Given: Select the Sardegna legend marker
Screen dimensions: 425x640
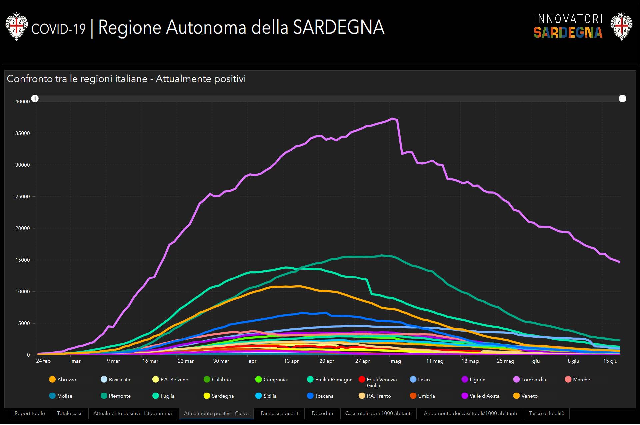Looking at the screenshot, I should (x=207, y=396).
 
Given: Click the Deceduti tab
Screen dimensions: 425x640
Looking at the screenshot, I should (x=322, y=413).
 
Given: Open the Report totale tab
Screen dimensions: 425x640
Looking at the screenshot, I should (x=30, y=413).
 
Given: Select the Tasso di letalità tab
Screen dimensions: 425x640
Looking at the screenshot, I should (x=546, y=413).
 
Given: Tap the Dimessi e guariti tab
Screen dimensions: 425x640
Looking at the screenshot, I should (x=280, y=413).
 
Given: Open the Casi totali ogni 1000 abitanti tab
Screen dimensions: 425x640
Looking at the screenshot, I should (x=378, y=413).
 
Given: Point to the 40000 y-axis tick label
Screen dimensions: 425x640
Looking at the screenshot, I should (x=23, y=102).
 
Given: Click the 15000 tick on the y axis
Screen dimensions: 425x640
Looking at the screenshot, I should (x=23, y=260).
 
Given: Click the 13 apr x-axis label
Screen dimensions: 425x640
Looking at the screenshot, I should (x=291, y=361).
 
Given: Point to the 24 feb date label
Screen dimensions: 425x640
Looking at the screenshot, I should (x=43, y=361).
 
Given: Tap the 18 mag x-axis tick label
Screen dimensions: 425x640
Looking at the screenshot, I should (x=470, y=361).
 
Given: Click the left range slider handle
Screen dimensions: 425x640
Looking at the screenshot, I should (x=35, y=99).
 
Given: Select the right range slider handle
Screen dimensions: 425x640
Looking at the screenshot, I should (x=622, y=99).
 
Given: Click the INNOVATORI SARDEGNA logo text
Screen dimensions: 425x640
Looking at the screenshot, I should (x=568, y=26).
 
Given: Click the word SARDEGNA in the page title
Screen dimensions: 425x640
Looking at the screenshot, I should (x=339, y=27).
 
